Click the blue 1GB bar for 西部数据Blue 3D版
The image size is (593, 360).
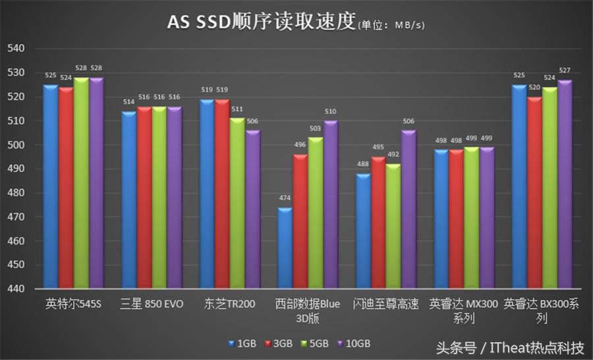[x=284, y=249]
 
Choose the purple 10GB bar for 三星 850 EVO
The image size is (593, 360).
[x=175, y=197]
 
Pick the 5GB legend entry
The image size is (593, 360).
[x=318, y=344]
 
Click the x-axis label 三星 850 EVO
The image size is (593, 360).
[x=152, y=305]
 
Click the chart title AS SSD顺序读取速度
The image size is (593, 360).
[x=260, y=22]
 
